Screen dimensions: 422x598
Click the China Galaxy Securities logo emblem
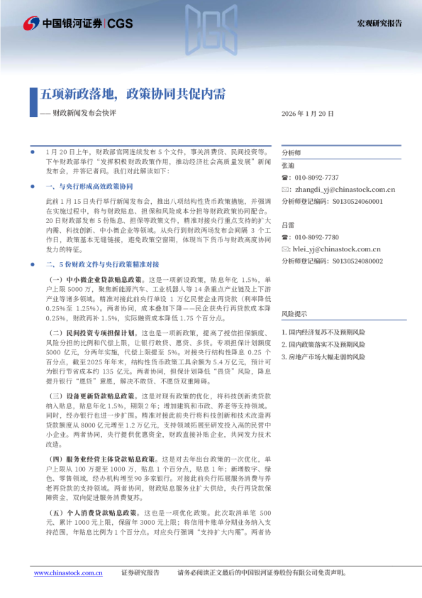click(x=30, y=23)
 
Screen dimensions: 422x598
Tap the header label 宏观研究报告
click(x=378, y=23)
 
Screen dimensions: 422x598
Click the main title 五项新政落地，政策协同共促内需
click(x=131, y=94)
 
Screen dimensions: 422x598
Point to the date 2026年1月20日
click(x=307, y=114)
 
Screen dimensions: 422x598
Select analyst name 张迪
click(x=287, y=165)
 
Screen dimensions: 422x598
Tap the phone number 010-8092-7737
click(x=316, y=178)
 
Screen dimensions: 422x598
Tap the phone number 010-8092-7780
click(x=316, y=237)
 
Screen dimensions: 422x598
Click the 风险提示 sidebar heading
click(x=294, y=313)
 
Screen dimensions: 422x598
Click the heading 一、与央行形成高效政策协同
click(x=89, y=186)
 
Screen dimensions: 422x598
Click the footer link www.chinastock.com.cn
click(x=70, y=572)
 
